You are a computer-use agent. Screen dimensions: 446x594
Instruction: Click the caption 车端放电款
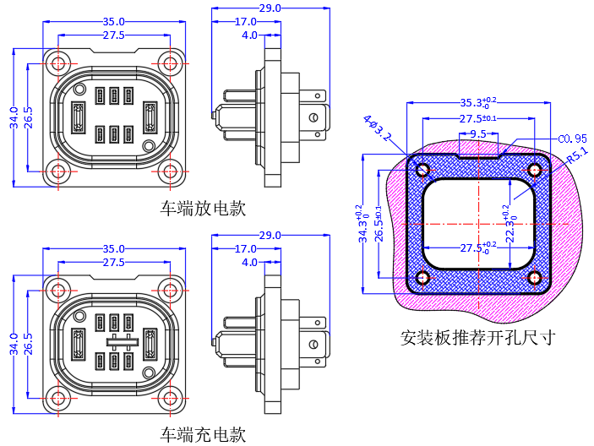coord(203,209)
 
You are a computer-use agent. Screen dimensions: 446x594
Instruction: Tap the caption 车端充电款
coord(203,436)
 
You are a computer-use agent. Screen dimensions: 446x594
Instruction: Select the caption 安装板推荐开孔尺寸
coord(478,338)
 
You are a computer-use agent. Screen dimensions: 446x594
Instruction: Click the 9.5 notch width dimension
coord(478,133)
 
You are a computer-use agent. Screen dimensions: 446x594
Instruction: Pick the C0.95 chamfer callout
coord(572,138)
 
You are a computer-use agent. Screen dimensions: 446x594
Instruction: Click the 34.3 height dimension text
coord(362,224)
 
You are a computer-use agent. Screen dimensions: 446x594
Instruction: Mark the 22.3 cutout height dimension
coord(510,224)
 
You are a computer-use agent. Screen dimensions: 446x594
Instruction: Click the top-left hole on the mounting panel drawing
coord(422,170)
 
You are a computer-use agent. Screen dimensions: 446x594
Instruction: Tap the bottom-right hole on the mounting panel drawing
coord(534,277)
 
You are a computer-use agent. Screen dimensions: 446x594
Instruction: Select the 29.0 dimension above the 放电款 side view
coord(270,8)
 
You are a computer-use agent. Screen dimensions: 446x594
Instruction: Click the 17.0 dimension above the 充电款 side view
coord(245,249)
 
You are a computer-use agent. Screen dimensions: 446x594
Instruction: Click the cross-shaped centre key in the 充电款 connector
coord(123,342)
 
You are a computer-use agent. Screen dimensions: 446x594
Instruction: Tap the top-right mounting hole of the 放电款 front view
coord(171,63)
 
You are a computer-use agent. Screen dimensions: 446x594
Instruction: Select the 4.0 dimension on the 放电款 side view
coord(249,35)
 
